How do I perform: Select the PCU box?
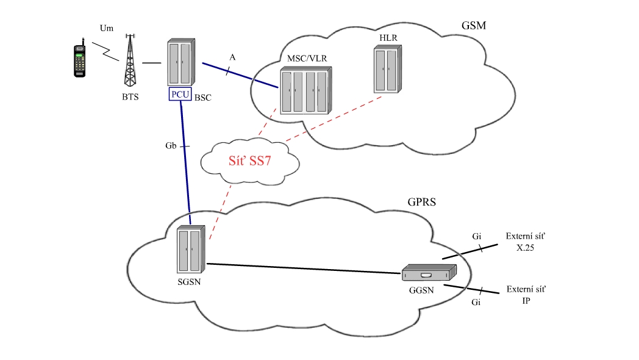[180, 95]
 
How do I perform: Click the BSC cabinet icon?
[181, 63]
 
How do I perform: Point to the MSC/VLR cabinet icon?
[307, 92]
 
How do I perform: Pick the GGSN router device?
[429, 272]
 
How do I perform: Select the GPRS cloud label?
[421, 202]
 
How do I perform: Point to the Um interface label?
[107, 28]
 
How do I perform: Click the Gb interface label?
[171, 146]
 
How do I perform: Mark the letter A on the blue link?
[232, 57]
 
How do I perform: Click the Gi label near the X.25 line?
[477, 236]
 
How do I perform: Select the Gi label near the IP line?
[477, 302]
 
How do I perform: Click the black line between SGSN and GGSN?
[305, 268]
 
